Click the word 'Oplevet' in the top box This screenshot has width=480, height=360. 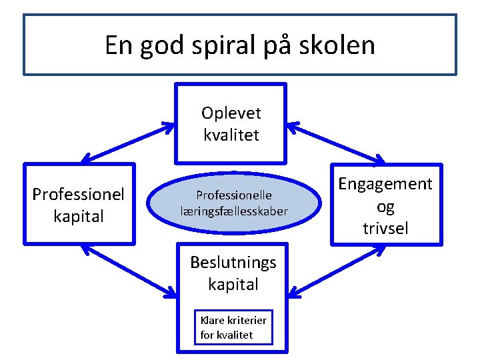pos(231,113)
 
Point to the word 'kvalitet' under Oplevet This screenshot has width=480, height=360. pos(231,135)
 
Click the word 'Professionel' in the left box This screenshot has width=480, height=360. pos(79,194)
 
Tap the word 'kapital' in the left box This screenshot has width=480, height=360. pos(79,217)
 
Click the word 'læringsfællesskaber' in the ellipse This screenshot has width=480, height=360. pos(233,211)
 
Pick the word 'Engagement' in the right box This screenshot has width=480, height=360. pos(385,183)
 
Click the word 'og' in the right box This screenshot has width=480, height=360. pos(385,207)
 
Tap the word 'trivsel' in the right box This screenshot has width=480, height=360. pos(385,229)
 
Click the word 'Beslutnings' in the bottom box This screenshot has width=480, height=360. pos(233,262)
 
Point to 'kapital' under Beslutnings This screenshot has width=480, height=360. pos(233,285)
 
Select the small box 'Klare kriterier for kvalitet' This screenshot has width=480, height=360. pos(233,327)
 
